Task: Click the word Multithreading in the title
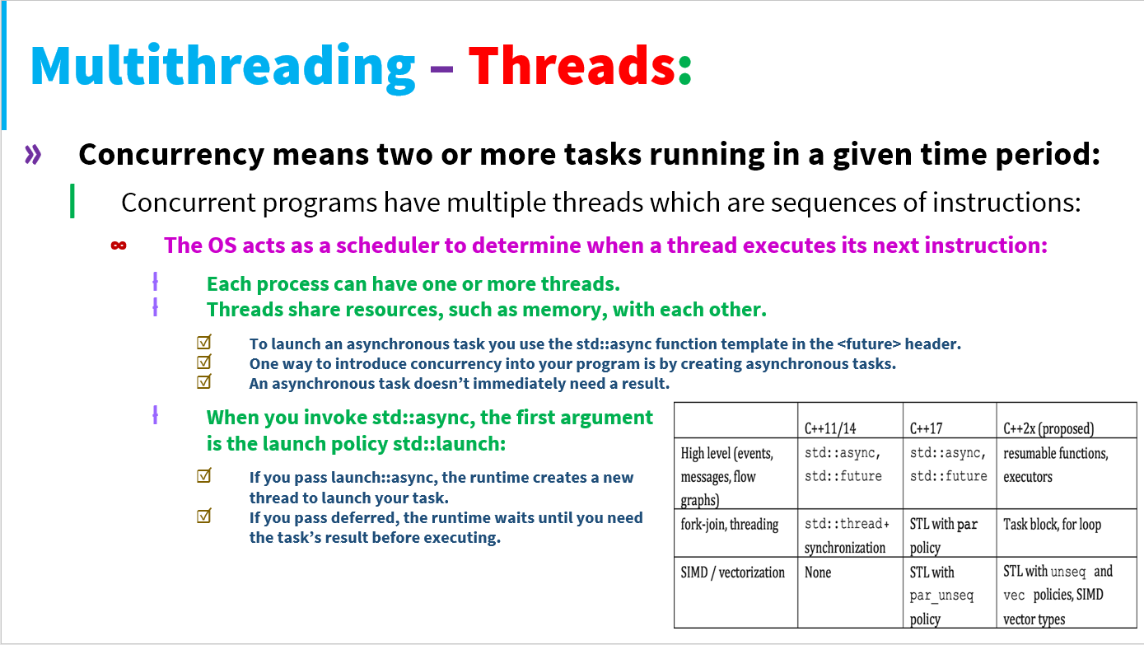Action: pos(222,68)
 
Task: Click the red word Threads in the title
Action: pos(572,65)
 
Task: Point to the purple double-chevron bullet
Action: pos(33,154)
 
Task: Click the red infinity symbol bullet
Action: pos(119,245)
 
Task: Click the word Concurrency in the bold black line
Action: pos(171,155)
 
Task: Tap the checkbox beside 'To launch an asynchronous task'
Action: pos(203,342)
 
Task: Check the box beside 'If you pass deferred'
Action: pos(203,516)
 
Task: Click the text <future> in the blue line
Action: pos(869,344)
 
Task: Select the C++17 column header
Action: pos(926,428)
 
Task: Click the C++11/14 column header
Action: pos(830,428)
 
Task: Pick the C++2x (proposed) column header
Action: pos(1048,428)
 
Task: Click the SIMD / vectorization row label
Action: pos(732,573)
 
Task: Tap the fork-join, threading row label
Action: pos(729,525)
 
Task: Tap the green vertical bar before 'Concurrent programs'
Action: pos(72,201)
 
